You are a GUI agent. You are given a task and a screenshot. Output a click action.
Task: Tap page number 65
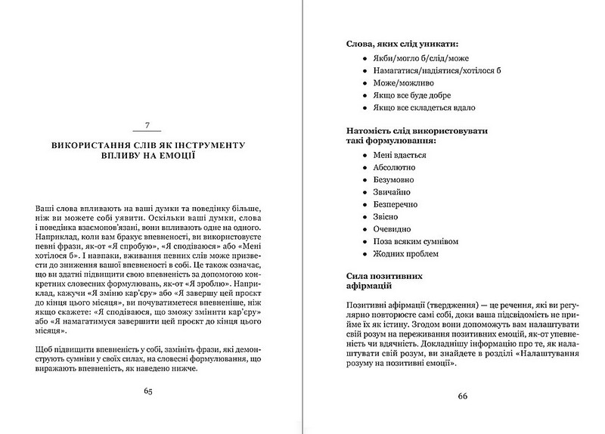147,391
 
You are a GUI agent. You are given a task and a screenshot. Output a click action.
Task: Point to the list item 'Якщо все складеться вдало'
423,108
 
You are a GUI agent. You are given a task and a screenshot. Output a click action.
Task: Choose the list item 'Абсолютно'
394,167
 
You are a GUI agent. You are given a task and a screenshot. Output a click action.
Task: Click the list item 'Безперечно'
396,204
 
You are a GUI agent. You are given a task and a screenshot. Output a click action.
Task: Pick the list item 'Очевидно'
392,229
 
